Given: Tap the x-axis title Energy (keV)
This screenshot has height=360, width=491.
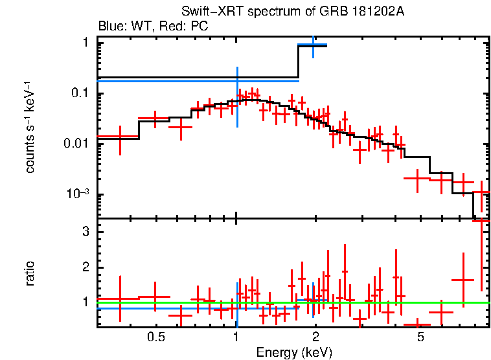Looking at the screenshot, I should click(x=294, y=352).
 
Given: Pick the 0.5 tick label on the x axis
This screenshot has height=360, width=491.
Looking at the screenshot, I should click(x=155, y=337).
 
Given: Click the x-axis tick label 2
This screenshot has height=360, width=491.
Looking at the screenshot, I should click(x=315, y=337).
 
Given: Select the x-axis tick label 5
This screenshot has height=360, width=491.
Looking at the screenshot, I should click(x=420, y=337).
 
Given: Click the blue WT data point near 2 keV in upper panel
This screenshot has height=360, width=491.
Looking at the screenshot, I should click(x=314, y=45).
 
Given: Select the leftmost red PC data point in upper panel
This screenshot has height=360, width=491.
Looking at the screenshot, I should click(x=120, y=137).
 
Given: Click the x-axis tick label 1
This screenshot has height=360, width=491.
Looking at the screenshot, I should click(x=236, y=337).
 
